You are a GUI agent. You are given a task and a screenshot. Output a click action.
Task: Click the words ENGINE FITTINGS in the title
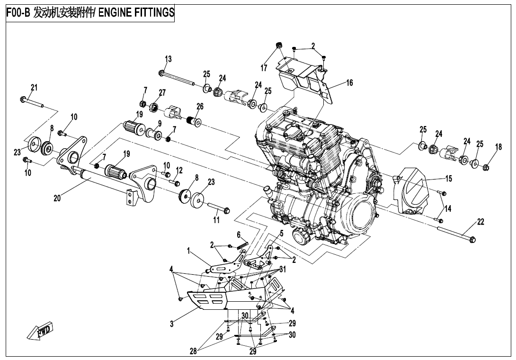click(x=136, y=13)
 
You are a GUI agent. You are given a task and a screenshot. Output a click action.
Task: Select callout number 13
click(x=168, y=59)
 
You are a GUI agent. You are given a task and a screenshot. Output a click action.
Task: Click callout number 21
click(x=34, y=88)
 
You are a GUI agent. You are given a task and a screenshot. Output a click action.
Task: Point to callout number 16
click(x=349, y=83)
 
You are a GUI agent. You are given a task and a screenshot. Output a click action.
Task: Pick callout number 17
click(x=264, y=68)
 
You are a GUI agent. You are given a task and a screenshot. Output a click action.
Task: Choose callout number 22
click(x=480, y=222)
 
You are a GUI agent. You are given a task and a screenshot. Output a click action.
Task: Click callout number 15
click(x=448, y=179)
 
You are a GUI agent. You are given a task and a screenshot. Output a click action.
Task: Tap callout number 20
click(x=57, y=199)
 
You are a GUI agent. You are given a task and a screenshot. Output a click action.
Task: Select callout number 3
click(x=172, y=324)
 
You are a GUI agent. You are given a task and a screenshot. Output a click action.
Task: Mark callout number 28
click(x=193, y=351)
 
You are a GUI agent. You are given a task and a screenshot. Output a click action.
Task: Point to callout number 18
click(x=498, y=147)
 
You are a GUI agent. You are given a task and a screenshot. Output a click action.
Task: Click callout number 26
click(x=200, y=107)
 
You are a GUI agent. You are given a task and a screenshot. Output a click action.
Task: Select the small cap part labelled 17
click(x=279, y=45)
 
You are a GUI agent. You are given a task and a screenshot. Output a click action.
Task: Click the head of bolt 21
click(x=23, y=99)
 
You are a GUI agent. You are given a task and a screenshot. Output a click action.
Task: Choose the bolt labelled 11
click(x=218, y=208)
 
